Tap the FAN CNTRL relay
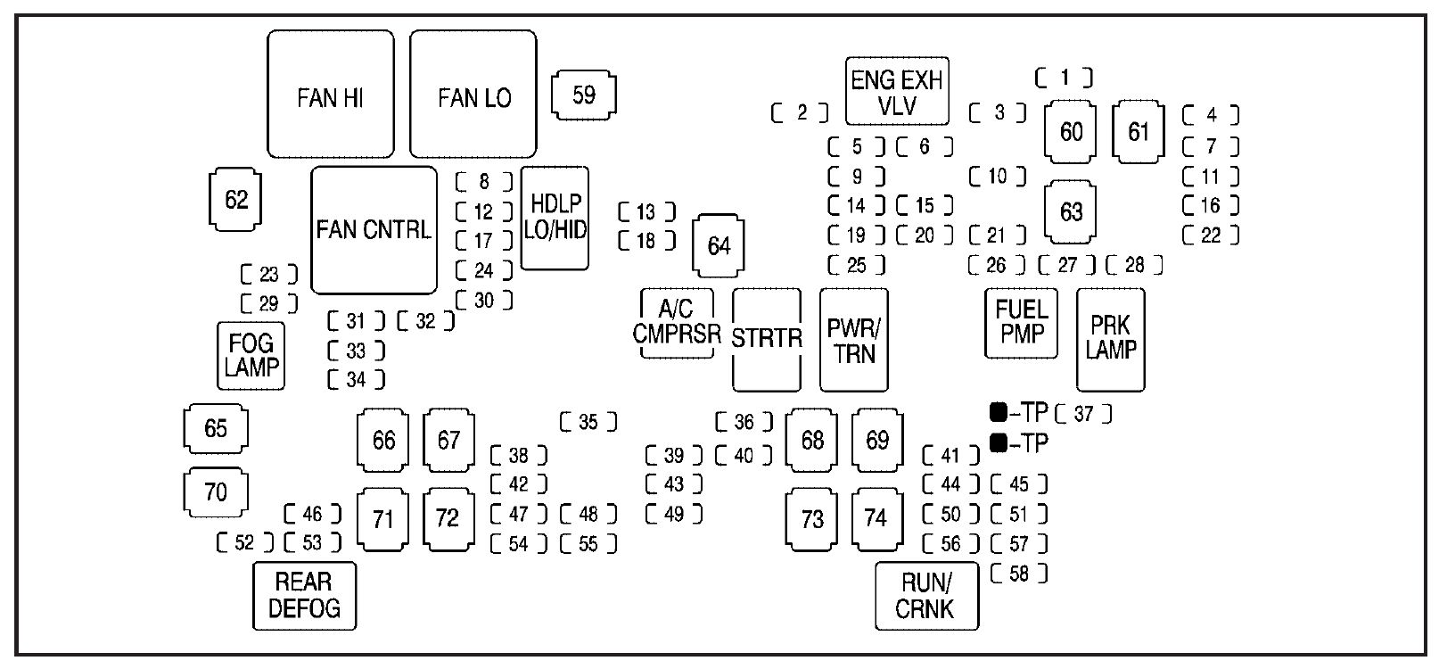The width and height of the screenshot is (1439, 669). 374,230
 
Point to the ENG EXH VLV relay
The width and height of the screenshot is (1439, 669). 897,93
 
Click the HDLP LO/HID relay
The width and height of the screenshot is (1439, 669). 555,218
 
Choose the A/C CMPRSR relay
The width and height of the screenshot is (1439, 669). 677,323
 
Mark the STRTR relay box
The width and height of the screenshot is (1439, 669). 766,339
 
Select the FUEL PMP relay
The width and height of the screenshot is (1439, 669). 1021,323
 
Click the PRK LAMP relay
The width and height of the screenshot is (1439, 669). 1110,339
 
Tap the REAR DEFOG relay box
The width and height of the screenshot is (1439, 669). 304,595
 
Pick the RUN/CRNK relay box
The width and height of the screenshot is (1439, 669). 926,595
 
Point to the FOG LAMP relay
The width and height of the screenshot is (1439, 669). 251,355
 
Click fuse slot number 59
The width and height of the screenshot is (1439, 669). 584,95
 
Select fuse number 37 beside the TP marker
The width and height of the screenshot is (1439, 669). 1083,414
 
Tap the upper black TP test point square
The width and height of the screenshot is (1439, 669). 999,412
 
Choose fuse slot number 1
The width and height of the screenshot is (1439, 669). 1064,78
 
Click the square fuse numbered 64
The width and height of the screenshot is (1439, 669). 719,245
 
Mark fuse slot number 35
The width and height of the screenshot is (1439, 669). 588,422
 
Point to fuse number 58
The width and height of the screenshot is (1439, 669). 1018,574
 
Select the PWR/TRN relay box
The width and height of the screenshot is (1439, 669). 853,339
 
